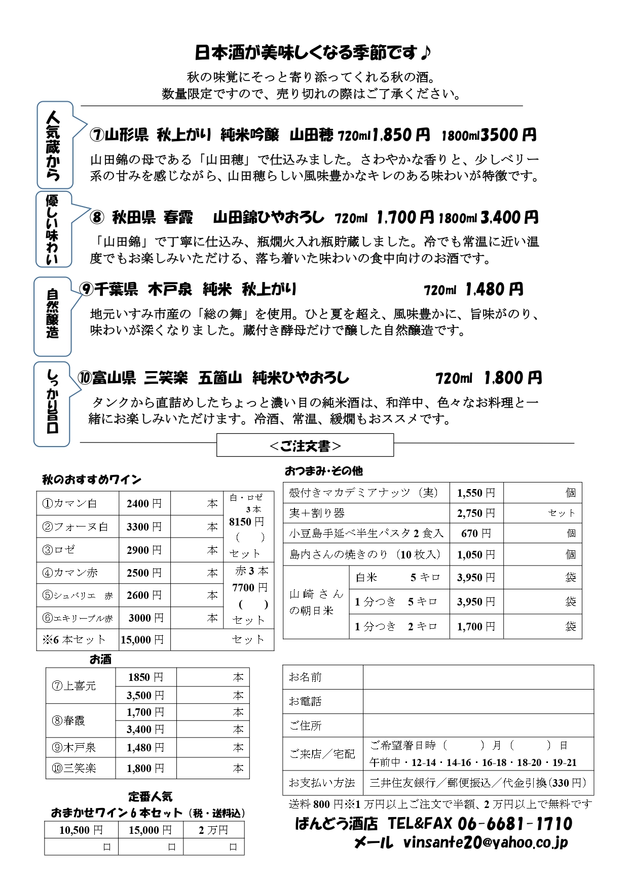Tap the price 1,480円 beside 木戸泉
click(494, 290)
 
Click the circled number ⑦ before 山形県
click(97, 135)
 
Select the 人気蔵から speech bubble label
click(53, 146)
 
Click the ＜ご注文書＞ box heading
click(305, 446)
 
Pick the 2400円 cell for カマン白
click(144, 504)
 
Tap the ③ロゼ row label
click(59, 550)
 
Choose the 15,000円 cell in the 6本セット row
click(142, 640)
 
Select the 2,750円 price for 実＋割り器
click(476, 513)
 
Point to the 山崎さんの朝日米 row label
click(316, 602)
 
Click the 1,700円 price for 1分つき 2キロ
click(476, 627)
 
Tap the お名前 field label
click(305, 677)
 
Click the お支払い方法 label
click(322, 783)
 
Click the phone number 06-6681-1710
click(514, 824)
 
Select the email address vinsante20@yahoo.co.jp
click(486, 842)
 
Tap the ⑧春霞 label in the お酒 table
click(69, 720)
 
